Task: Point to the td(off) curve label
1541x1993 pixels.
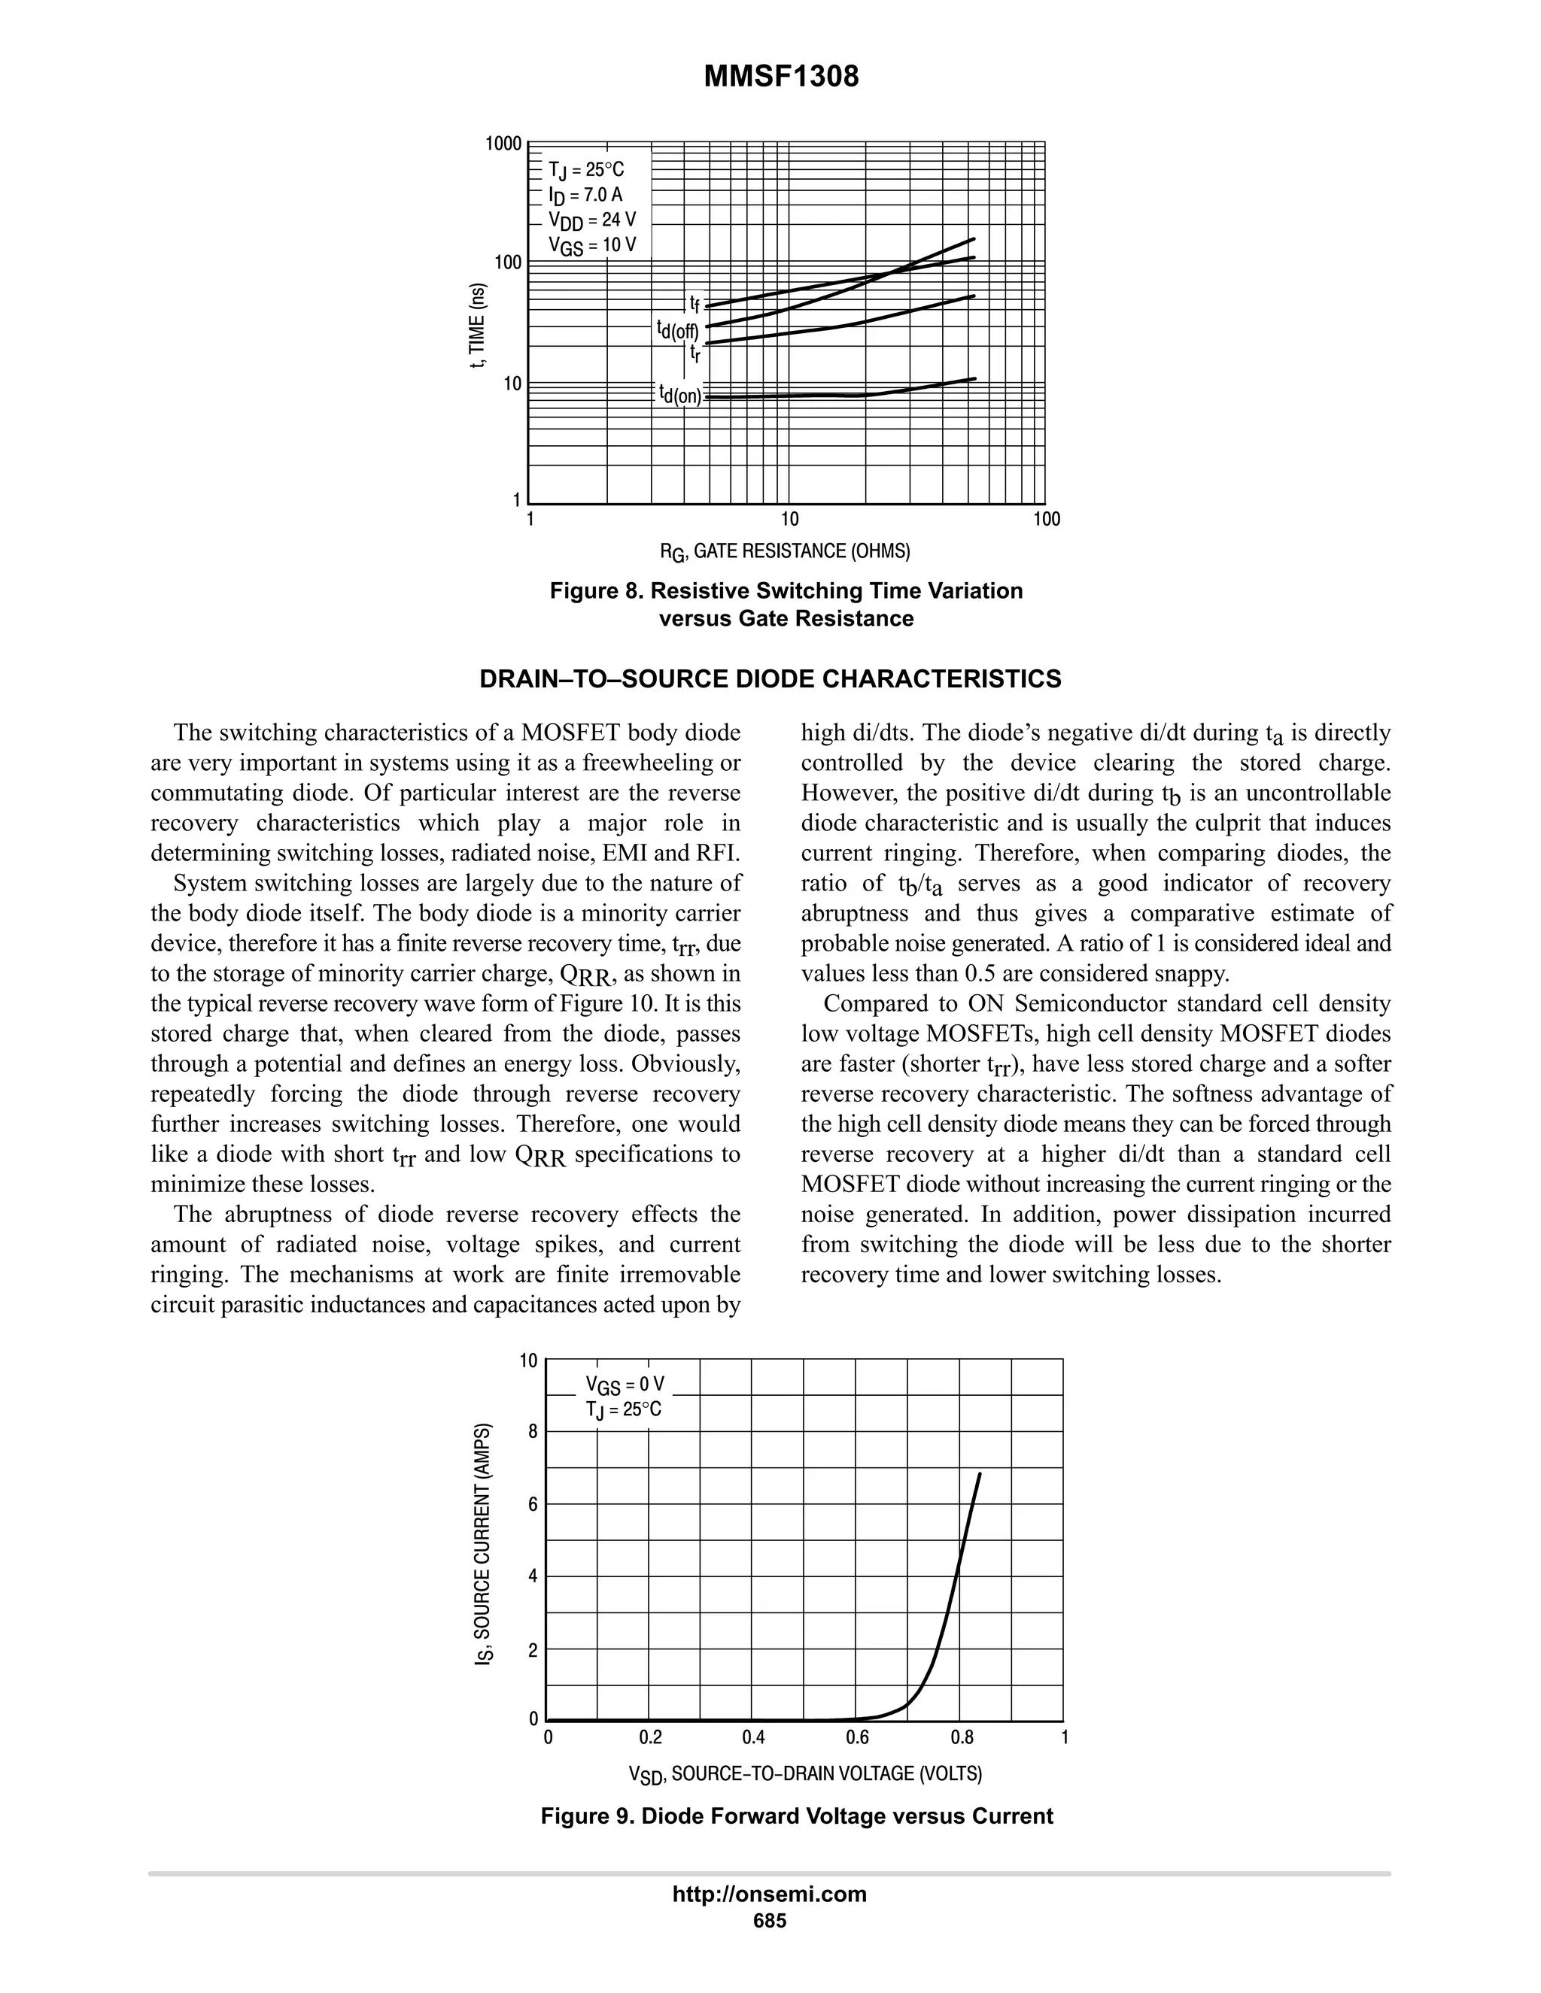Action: tap(676, 329)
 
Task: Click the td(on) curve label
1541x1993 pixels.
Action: tap(680, 394)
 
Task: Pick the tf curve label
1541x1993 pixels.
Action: tap(694, 303)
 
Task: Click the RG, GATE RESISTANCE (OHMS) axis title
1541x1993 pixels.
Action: tap(785, 551)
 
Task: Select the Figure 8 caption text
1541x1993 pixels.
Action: tap(786, 604)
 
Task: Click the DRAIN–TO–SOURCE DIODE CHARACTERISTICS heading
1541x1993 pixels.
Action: tap(770, 679)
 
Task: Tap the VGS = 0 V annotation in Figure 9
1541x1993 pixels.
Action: tap(625, 1385)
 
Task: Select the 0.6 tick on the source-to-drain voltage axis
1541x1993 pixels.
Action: tap(856, 1737)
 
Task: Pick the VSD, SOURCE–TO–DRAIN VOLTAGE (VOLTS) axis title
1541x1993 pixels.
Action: tap(805, 1774)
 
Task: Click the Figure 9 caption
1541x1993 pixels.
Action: tap(796, 1816)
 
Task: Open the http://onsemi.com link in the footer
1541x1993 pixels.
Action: tap(770, 1894)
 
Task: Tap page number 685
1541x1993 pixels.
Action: tap(770, 1921)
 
